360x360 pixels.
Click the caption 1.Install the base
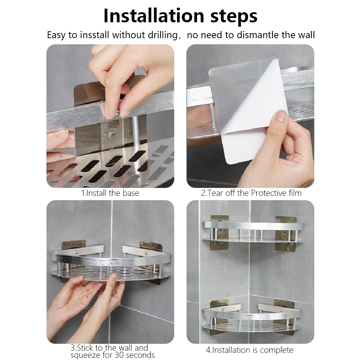point(110,193)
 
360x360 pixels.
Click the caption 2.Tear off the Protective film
point(251,193)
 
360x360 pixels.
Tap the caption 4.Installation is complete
point(249,350)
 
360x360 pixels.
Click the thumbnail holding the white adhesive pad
point(281,116)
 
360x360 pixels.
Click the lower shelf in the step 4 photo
point(253,319)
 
